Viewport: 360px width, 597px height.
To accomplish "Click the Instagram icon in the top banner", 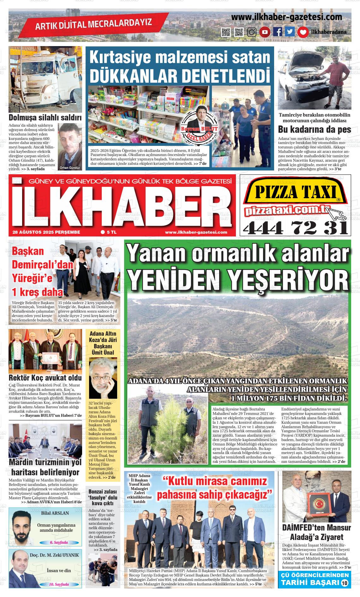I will coord(252,32).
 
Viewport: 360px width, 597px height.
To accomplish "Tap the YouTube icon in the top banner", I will coord(265,32).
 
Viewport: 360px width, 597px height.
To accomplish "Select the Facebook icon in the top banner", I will coord(278,32).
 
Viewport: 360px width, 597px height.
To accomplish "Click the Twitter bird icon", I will coord(290,32).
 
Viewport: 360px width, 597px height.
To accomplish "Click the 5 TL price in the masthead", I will coord(109,232).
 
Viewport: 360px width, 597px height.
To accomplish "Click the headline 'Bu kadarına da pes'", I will coord(314,129).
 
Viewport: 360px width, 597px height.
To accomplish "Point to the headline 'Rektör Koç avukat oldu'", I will coord(45,378).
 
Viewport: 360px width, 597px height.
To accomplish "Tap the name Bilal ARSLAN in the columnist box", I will coord(55,513).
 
